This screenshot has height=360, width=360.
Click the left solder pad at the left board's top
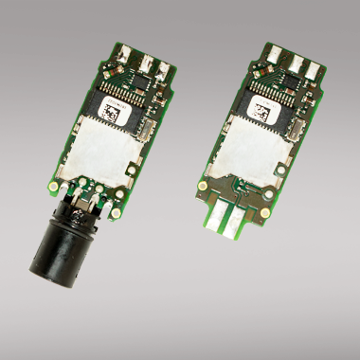[x=125, y=54]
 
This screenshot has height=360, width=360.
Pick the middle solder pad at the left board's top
[x=145, y=62]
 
